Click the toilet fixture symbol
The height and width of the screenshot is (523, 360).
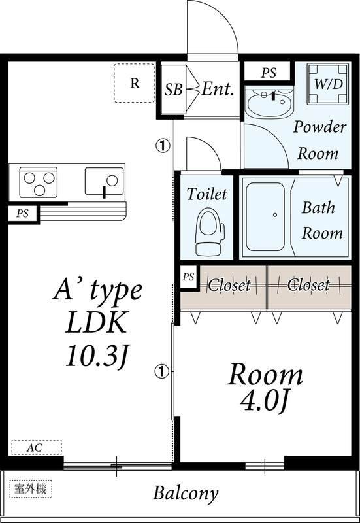click(209, 231)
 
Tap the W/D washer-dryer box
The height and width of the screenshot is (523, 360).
click(329, 84)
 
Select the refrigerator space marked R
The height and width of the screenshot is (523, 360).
click(135, 83)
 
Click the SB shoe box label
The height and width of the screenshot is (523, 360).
click(174, 89)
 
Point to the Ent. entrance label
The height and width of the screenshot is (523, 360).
click(218, 89)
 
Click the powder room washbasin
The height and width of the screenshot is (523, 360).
click(269, 101)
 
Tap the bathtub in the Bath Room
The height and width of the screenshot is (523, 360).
click(265, 217)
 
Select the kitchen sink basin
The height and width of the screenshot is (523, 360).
click(105, 181)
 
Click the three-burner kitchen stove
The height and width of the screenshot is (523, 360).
click(39, 182)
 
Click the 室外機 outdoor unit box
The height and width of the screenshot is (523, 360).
click(31, 489)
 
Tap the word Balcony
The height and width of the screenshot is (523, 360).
click(186, 493)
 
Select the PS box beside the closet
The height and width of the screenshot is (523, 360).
click(188, 277)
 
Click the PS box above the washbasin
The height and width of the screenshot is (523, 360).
click(269, 73)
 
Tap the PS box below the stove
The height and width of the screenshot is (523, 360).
click(23, 214)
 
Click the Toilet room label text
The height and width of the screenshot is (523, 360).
click(206, 194)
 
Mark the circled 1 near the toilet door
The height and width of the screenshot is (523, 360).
click(163, 145)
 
